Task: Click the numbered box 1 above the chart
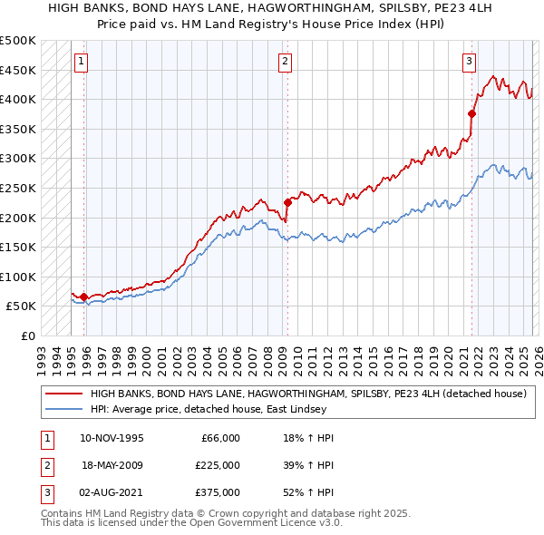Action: point(82,62)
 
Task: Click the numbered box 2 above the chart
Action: point(285,62)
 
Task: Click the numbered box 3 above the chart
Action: point(469,62)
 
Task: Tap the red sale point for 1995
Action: point(83,297)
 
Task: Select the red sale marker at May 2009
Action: point(287,202)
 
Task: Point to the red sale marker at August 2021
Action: point(471,113)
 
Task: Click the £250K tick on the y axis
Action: point(18,188)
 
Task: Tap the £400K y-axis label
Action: point(18,99)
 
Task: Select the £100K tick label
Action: point(18,277)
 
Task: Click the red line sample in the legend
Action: point(63,394)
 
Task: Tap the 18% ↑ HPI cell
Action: point(308,437)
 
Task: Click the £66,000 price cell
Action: point(218,437)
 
